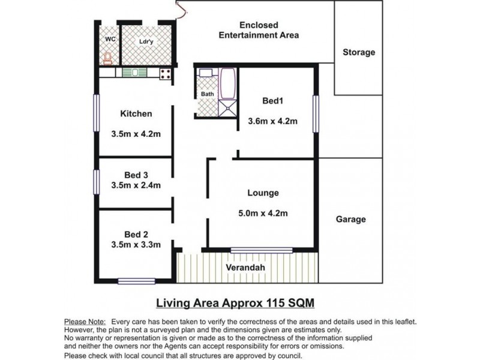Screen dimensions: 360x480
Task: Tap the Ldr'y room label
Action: click(146, 41)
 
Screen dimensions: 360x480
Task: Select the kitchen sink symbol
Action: click(135, 73)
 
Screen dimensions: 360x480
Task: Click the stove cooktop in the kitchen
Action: click(166, 74)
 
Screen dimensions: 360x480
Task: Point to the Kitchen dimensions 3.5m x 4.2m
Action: click(136, 134)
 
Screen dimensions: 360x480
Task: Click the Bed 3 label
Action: click(136, 175)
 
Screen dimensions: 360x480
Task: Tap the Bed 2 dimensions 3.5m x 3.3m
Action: click(136, 245)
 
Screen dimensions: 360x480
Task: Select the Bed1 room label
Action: click(273, 100)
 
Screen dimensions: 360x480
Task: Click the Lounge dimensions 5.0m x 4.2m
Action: click(263, 213)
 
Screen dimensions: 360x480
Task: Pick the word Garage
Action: click(350, 220)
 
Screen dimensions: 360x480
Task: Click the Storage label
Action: click(359, 52)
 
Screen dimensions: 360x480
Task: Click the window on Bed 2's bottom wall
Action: click(136, 281)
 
